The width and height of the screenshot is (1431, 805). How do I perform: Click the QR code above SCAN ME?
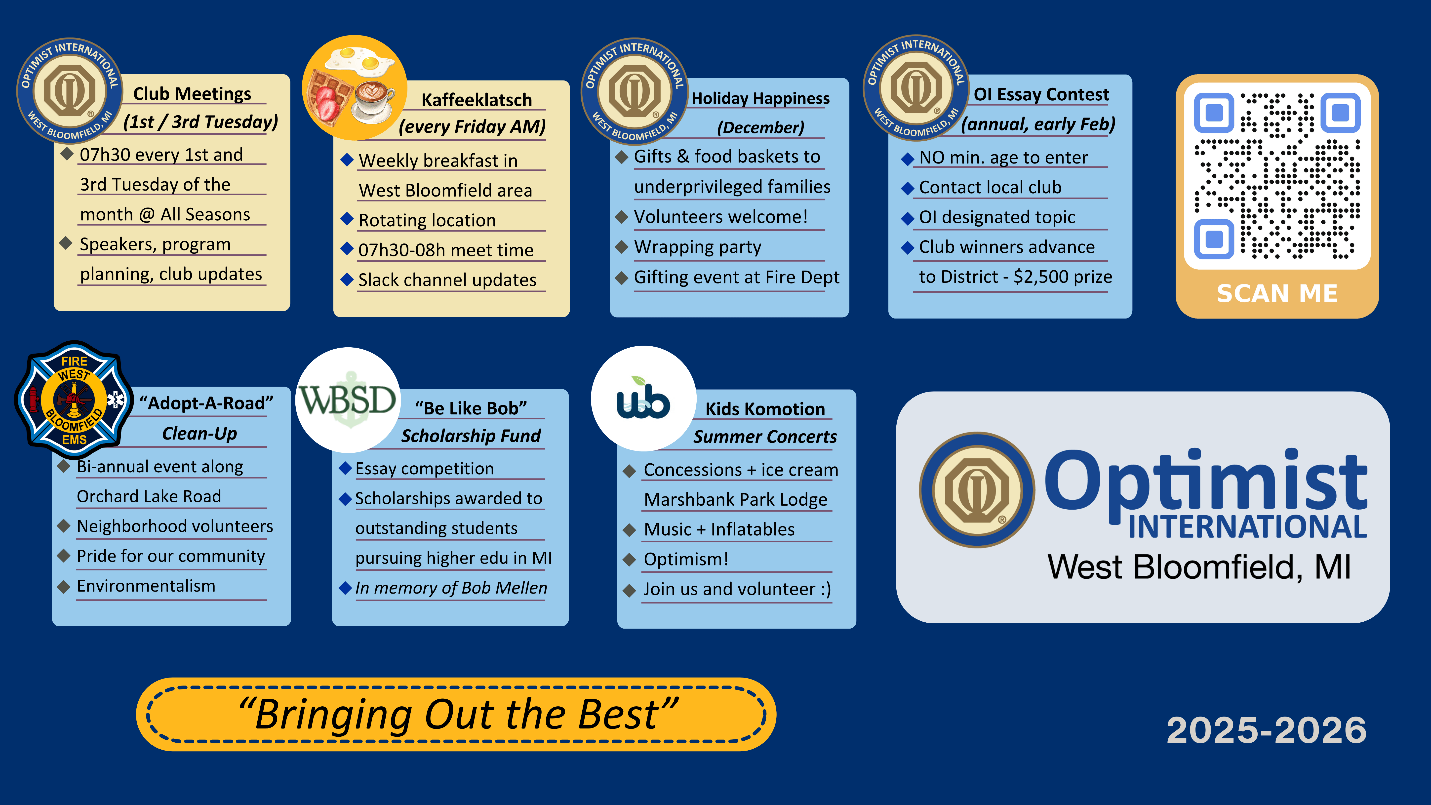1276,176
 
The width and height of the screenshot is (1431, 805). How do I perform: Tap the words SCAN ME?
1276,293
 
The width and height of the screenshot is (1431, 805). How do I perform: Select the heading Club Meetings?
192,94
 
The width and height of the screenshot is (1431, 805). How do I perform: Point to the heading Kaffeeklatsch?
477,100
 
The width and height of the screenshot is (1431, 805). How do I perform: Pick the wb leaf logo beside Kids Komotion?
643,399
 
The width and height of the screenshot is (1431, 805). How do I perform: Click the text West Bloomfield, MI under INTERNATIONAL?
1199,567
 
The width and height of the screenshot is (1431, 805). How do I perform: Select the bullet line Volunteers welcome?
720,217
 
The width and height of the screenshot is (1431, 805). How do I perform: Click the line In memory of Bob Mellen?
451,588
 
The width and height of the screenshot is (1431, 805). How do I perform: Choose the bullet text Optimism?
685,559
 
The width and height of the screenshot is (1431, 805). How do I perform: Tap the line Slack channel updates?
447,280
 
